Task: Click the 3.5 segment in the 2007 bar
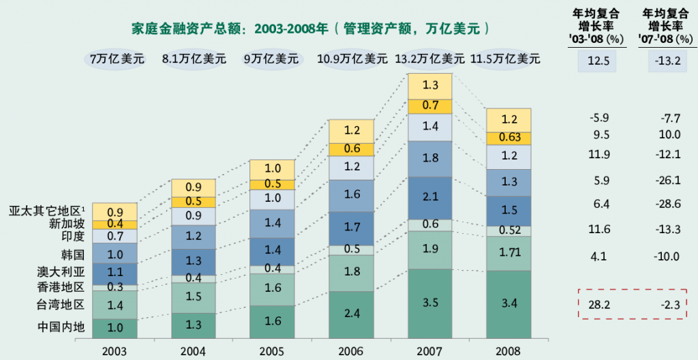pos(431,303)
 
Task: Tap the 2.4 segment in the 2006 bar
pos(352,314)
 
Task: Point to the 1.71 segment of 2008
pos(509,253)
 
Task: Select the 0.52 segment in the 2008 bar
pos(509,230)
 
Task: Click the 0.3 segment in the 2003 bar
pos(115,287)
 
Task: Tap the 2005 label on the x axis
pos(273,351)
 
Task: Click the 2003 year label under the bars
pos(115,351)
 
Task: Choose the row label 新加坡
pos(67,224)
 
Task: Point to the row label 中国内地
pos(61,327)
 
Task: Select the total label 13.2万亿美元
pos(430,59)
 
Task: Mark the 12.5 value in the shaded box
pos(598,62)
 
